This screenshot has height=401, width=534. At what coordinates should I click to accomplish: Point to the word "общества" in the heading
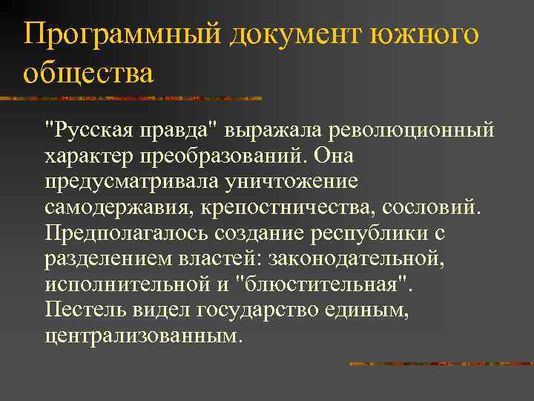point(88,74)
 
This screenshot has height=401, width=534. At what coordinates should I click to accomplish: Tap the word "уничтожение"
point(285,183)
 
